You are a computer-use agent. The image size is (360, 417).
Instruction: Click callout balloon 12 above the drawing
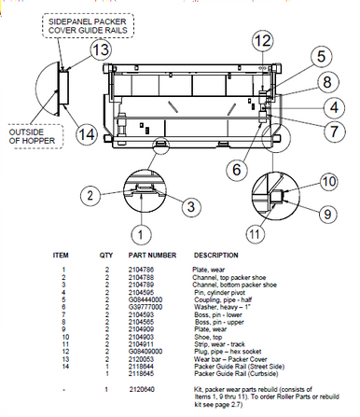point(263,40)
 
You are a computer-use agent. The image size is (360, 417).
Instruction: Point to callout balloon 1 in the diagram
point(140,231)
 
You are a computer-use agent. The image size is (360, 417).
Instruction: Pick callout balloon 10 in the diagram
point(331,180)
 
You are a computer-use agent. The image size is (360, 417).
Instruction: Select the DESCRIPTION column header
point(219,254)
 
